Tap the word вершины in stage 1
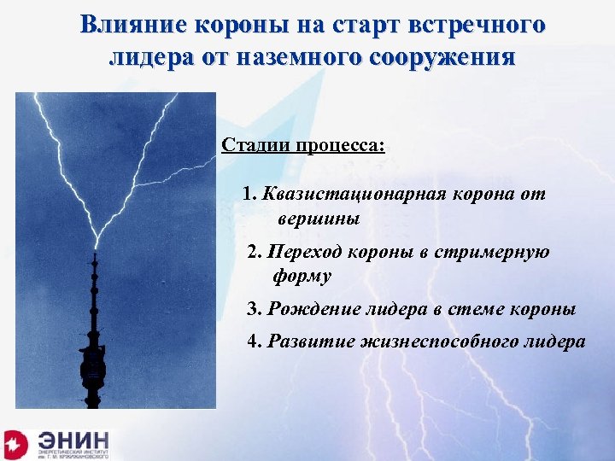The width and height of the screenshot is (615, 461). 318,219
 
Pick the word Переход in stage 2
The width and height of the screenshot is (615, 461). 302,252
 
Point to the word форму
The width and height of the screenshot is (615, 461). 302,276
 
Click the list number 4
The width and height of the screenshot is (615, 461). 253,342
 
